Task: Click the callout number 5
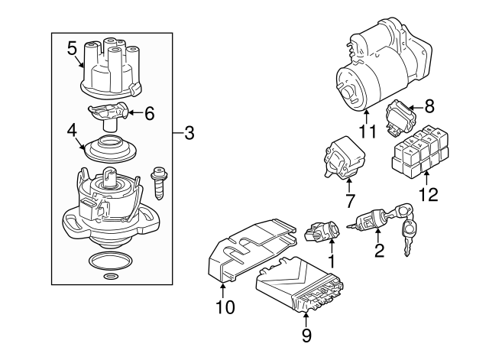pyautogui.click(x=72, y=49)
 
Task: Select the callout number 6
pyautogui.click(x=149, y=114)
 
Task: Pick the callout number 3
pyautogui.click(x=189, y=134)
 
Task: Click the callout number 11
pyautogui.click(x=368, y=132)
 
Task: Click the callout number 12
pyautogui.click(x=428, y=194)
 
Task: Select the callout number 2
pyautogui.click(x=378, y=251)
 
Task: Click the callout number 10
pyautogui.click(x=225, y=308)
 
